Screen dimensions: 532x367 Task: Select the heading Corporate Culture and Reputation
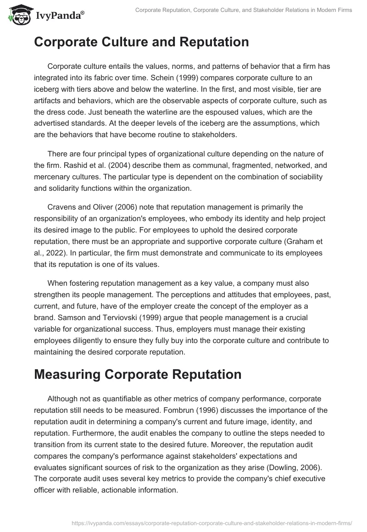(x=141, y=42)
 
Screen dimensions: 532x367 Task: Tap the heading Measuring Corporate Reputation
(x=138, y=374)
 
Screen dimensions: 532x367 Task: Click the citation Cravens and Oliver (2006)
(x=92, y=207)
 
